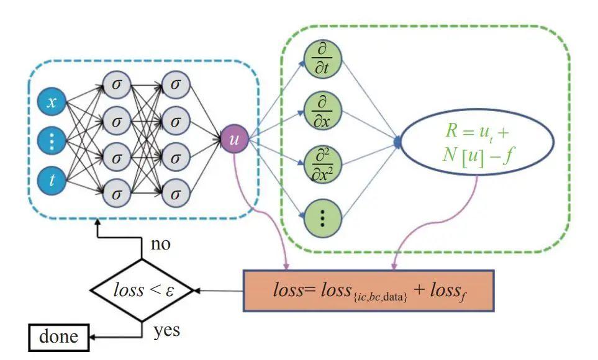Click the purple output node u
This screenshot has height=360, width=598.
(234, 140)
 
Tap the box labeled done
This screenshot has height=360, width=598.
(59, 337)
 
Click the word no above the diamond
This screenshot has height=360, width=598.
(160, 244)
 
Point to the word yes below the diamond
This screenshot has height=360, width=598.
(166, 330)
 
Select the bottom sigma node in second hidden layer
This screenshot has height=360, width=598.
(176, 193)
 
